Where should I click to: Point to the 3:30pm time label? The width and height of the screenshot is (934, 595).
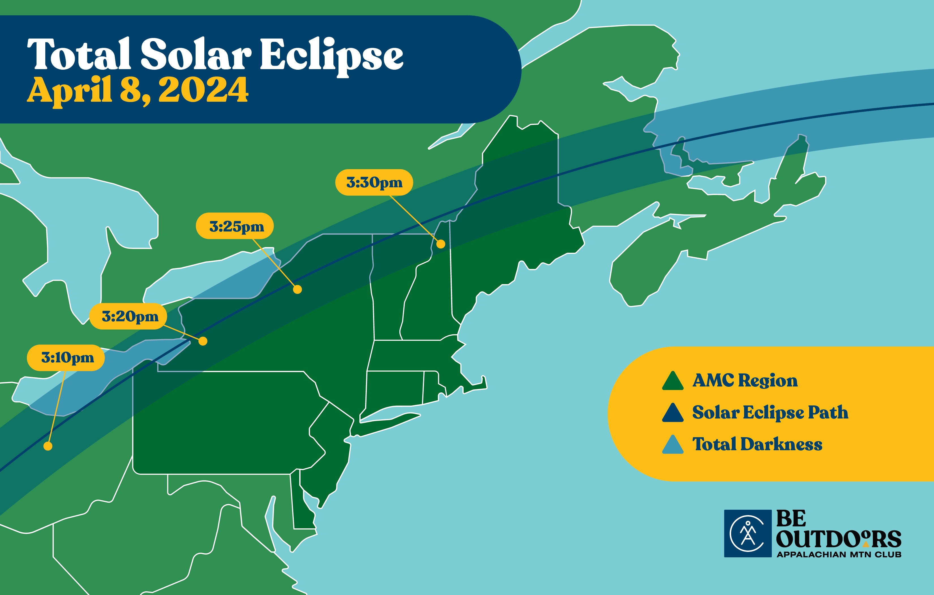point(374,182)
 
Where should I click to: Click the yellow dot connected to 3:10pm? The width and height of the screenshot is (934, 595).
point(48,446)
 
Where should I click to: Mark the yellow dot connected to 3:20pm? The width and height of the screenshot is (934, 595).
point(203,341)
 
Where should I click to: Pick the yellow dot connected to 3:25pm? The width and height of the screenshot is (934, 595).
point(297,289)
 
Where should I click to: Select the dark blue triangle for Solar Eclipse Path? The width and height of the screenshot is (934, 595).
point(672,413)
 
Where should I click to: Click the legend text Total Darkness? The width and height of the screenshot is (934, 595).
point(757,444)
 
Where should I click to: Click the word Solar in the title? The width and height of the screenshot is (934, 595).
point(196,54)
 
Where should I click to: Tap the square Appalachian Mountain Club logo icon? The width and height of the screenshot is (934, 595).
point(747,534)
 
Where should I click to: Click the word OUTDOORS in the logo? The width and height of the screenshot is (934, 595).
point(839,539)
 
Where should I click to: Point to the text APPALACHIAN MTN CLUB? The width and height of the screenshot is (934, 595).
point(839,554)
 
